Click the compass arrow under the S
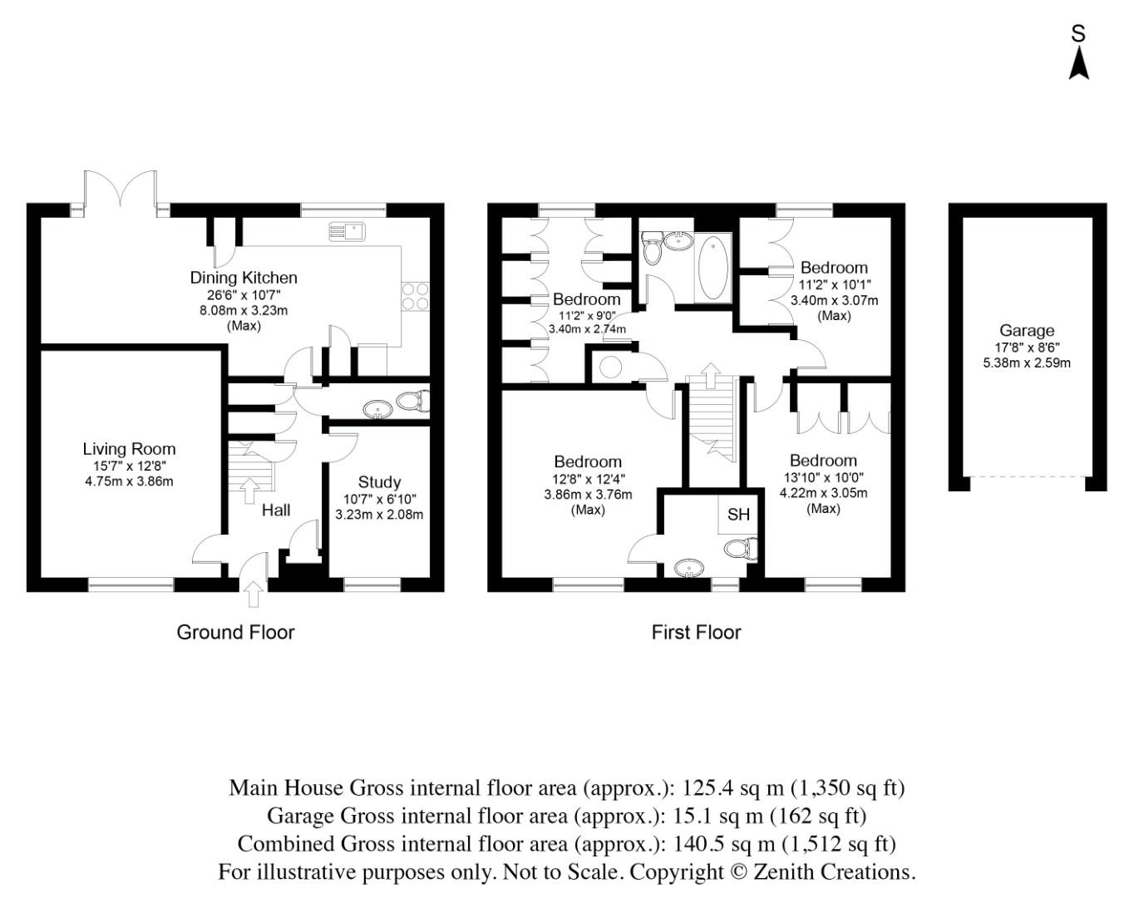1078,64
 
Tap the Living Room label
129,449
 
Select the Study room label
379,482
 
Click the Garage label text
1027,330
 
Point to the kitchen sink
347,229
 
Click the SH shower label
738,515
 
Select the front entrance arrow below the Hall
254,593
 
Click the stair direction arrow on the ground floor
249,490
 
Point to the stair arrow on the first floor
711,374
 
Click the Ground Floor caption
235,633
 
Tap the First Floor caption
696,633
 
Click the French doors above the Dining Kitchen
121,190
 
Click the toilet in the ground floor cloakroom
412,402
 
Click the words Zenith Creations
867,872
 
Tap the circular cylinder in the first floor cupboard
611,366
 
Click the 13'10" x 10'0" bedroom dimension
823,477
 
